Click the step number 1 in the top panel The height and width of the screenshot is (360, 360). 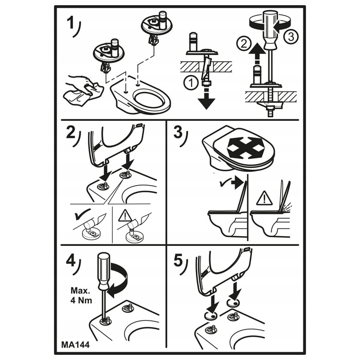point(70,24)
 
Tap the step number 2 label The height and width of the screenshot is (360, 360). point(71,133)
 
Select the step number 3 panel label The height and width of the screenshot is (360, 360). point(178,133)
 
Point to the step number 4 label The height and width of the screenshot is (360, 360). point(71,261)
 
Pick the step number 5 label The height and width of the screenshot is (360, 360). point(178,261)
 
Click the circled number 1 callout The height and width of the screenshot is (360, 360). point(191,83)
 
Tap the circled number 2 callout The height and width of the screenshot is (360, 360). point(243,43)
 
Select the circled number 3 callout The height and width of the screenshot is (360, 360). point(291,37)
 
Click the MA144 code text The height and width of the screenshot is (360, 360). point(75,345)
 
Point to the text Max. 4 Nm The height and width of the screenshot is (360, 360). point(81,296)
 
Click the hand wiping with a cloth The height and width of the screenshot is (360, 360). point(84,90)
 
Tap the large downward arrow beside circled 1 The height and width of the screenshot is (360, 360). point(206,99)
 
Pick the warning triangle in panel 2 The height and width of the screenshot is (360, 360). point(125,216)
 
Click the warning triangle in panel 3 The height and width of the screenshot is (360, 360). point(264,197)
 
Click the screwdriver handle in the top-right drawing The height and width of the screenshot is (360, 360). point(270,30)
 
